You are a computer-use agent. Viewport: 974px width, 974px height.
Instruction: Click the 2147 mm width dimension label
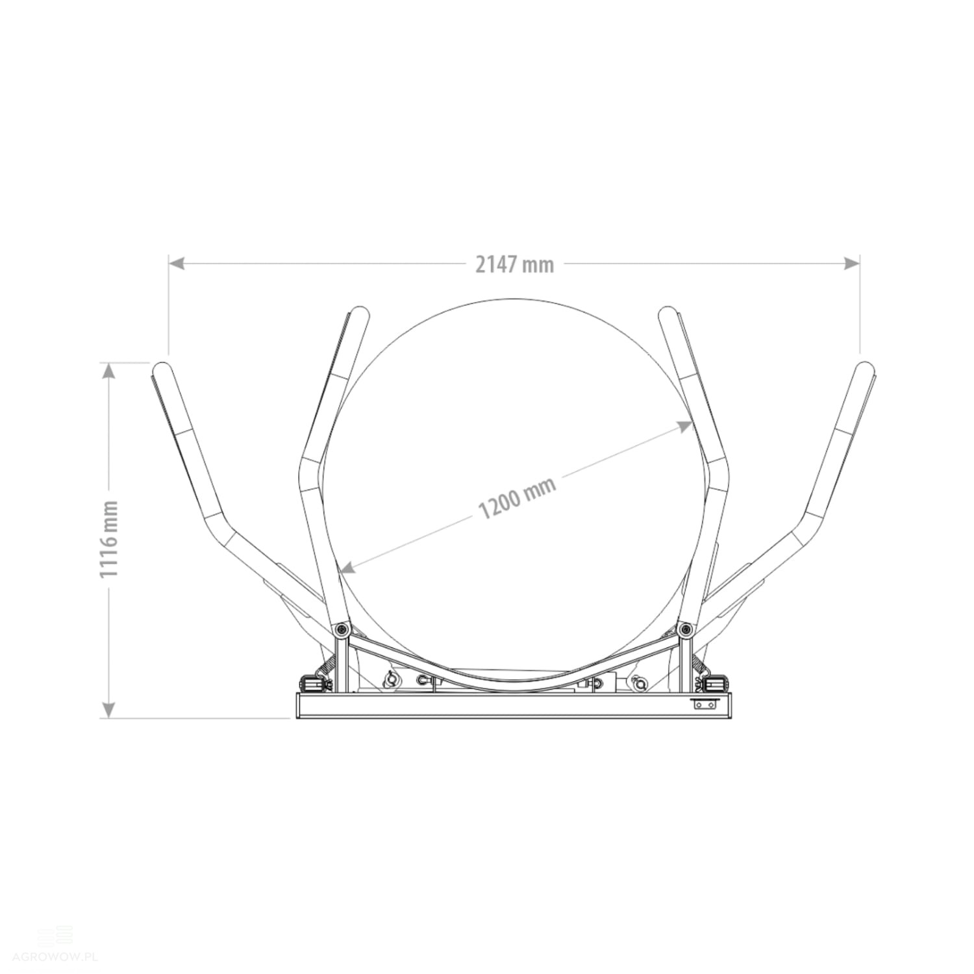click(x=515, y=264)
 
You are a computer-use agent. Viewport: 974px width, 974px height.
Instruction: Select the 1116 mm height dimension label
click(x=110, y=539)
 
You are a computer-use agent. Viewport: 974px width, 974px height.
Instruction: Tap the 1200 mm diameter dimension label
click(x=518, y=498)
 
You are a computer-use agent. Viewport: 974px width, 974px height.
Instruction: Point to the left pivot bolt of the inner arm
click(x=342, y=629)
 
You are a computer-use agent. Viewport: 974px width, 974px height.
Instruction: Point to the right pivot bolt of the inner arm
click(x=686, y=629)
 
